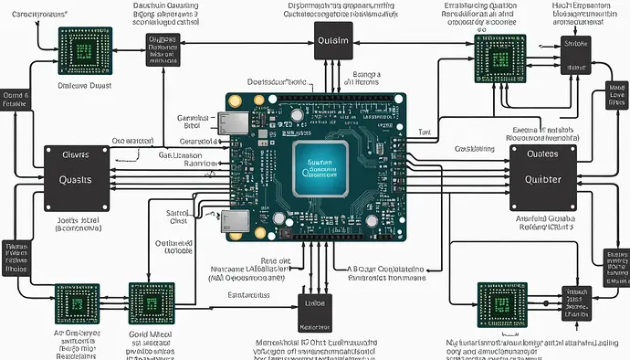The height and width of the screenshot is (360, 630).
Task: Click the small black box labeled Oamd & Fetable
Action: (x=16, y=101)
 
